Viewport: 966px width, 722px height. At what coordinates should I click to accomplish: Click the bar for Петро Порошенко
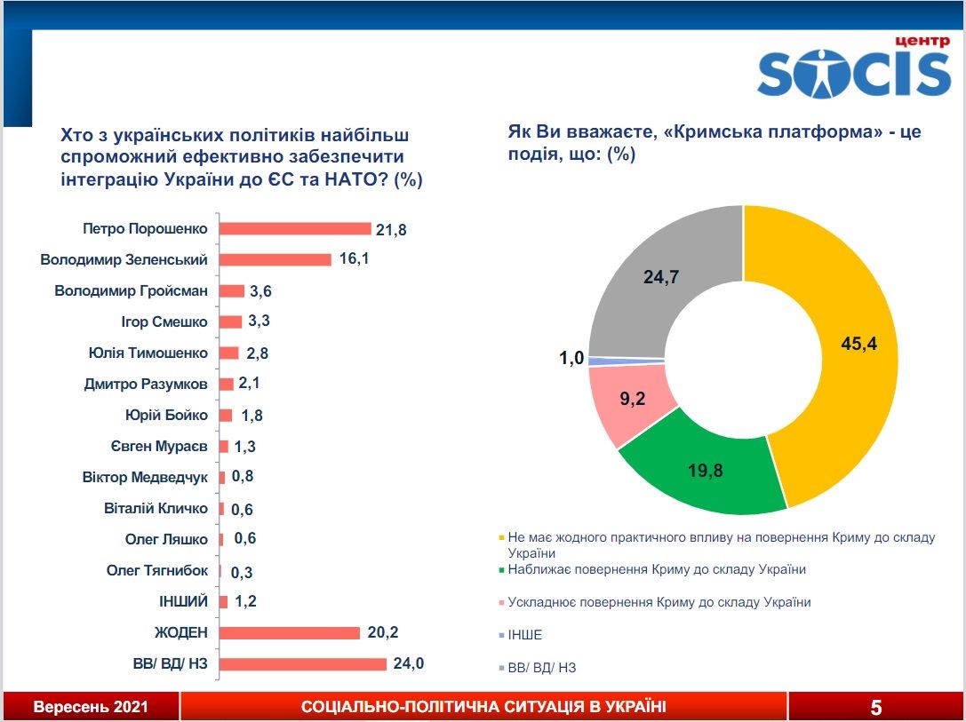294,229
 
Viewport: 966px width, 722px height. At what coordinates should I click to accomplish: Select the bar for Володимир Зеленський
275,260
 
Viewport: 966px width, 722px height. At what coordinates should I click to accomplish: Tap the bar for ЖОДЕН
289,633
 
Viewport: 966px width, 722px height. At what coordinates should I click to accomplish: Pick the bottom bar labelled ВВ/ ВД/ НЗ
302,664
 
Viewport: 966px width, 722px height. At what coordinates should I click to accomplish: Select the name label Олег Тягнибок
157,571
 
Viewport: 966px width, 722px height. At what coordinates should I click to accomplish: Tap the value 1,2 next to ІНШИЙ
245,602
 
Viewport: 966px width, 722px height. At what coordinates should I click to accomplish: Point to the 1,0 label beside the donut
571,358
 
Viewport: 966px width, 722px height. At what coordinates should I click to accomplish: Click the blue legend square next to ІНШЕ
502,635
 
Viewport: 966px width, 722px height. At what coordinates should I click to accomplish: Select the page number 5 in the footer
876,707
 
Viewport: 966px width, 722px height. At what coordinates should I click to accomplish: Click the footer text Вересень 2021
91,707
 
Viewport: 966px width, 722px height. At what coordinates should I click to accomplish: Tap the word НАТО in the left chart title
358,179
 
